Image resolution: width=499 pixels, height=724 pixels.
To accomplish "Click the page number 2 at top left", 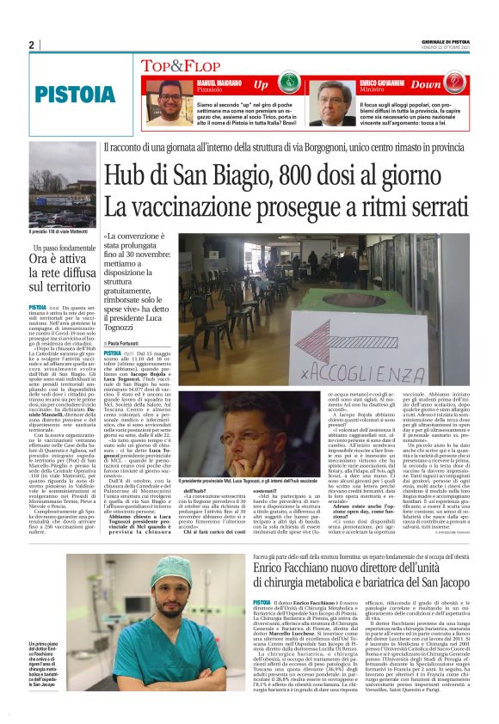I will click(x=31, y=45).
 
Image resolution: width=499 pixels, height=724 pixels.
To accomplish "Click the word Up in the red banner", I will click(x=262, y=85).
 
